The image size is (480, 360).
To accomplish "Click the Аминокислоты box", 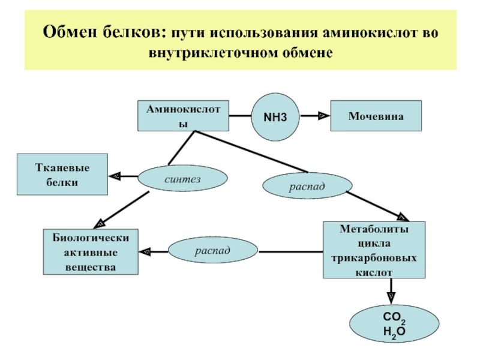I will click(x=184, y=115).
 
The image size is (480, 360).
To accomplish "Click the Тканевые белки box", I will click(x=62, y=174).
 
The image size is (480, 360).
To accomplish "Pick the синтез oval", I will click(x=183, y=178).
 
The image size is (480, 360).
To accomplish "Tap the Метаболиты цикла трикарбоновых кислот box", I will click(x=374, y=250).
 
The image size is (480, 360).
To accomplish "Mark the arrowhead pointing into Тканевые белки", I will click(x=115, y=176).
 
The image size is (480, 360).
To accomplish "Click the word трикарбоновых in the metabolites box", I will click(x=374, y=258).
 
